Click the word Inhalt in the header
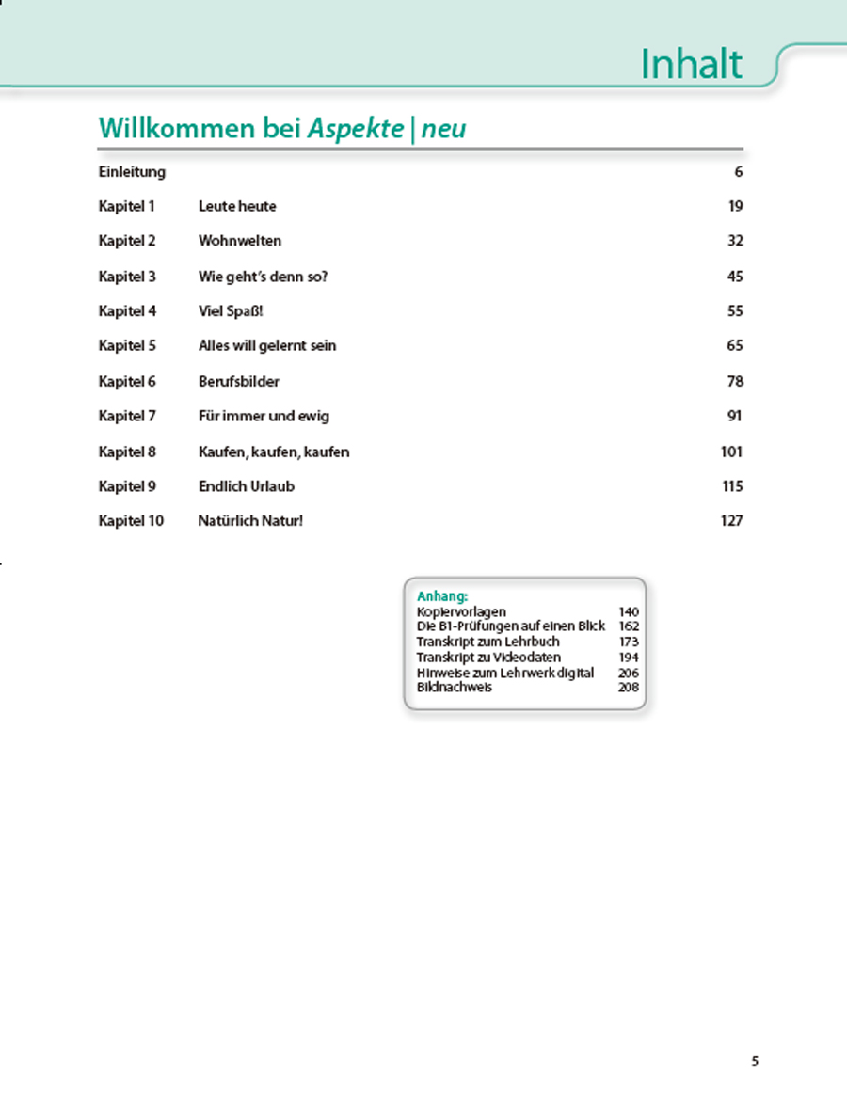pos(691,64)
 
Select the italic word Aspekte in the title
pos(357,129)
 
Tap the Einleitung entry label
pos(132,172)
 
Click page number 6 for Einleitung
pos(739,172)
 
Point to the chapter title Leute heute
pos(237,206)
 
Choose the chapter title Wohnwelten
pos(240,241)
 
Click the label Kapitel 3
pos(127,277)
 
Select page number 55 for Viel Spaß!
pos(735,311)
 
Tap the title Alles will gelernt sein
pos(267,346)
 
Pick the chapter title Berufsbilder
pos(239,381)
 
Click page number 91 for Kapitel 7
pos(735,416)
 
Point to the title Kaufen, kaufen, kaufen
pos(274,452)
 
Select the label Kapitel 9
pos(127,486)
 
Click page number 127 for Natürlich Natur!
pos(732,521)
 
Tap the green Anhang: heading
pos(442,595)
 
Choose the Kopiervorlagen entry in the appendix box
pos(461,612)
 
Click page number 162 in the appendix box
pos(629,626)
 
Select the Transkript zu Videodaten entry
pos(488,658)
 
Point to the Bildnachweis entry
pos(454,688)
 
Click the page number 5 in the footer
pos(755,1062)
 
